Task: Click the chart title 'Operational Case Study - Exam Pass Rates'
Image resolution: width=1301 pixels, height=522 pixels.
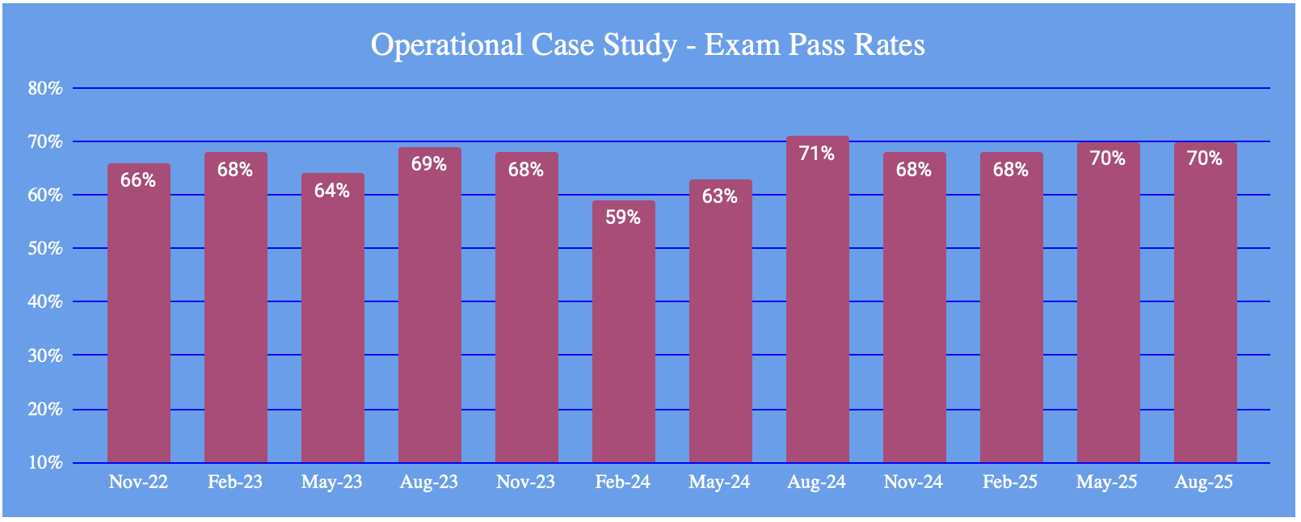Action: pyautogui.click(x=647, y=44)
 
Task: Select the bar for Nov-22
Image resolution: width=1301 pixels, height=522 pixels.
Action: pyautogui.click(x=139, y=323)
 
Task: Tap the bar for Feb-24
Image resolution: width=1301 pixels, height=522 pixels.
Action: pyautogui.click(x=623, y=339)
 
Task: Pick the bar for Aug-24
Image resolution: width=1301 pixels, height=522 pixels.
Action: pyautogui.click(x=817, y=307)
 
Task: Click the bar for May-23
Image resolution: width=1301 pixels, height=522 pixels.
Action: pyautogui.click(x=332, y=323)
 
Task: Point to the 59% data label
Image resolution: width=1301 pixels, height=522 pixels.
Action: pyautogui.click(x=623, y=217)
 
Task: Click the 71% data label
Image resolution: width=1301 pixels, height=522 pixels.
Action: pyautogui.click(x=817, y=154)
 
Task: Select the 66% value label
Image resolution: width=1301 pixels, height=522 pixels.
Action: pyautogui.click(x=138, y=180)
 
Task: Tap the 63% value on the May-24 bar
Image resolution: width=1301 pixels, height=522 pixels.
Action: pyautogui.click(x=720, y=196)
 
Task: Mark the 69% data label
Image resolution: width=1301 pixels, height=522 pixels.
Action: pyautogui.click(x=429, y=164)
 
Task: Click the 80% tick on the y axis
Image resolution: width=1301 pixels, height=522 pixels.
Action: pyautogui.click(x=45, y=88)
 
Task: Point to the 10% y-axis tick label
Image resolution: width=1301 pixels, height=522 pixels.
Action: pyautogui.click(x=45, y=463)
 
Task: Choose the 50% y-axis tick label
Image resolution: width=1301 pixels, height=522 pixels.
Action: pyautogui.click(x=45, y=248)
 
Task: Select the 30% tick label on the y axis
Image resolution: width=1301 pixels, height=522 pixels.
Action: pyautogui.click(x=45, y=356)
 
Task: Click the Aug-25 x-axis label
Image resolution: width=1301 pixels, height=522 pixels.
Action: pyautogui.click(x=1204, y=482)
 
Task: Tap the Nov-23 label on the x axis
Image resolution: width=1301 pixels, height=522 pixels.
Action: pyautogui.click(x=525, y=482)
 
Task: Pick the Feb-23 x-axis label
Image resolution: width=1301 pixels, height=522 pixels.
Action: pyautogui.click(x=235, y=482)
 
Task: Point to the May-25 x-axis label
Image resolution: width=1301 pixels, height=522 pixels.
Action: pyautogui.click(x=1107, y=482)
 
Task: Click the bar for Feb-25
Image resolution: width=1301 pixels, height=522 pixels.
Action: pyautogui.click(x=1011, y=323)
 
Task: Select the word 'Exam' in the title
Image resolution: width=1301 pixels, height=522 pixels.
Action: pyautogui.click(x=732, y=44)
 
